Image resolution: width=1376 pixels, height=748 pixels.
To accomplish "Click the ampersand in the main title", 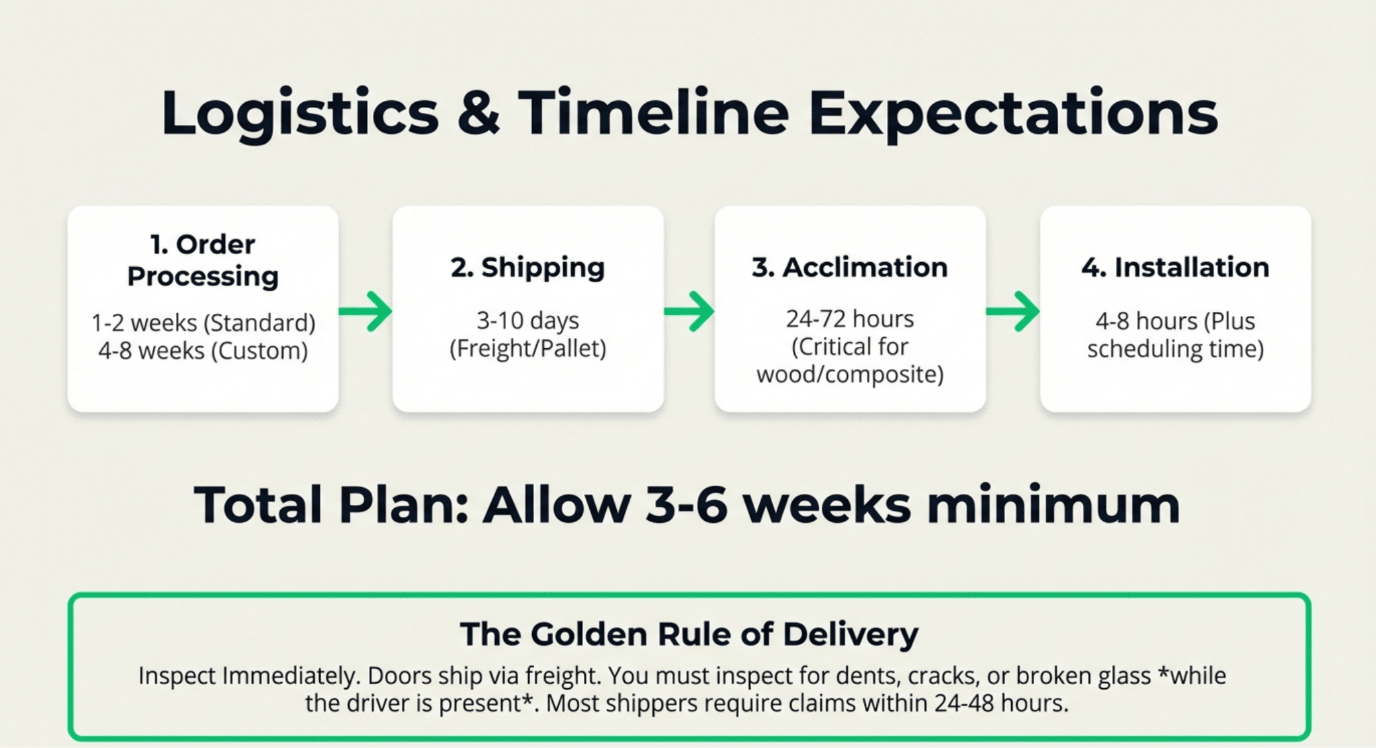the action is click(x=478, y=112).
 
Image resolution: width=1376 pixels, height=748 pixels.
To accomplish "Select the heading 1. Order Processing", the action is click(x=203, y=260).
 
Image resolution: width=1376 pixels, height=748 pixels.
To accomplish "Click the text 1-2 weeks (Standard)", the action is click(x=204, y=323).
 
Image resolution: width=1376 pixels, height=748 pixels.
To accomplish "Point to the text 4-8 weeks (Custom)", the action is click(x=203, y=351).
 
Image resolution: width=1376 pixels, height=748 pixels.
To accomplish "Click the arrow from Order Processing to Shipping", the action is click(x=365, y=311).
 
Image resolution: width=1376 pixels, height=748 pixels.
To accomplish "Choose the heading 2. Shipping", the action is click(x=527, y=267).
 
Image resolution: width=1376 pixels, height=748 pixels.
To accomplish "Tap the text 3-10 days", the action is click(x=527, y=321).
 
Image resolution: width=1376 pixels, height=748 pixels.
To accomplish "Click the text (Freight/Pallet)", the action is click(x=527, y=349).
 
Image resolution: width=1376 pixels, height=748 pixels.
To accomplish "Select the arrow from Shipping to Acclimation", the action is click(x=689, y=311).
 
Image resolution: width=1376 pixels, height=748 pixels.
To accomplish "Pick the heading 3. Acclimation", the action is click(x=850, y=267).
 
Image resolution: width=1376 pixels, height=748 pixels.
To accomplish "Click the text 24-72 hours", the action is click(x=850, y=319).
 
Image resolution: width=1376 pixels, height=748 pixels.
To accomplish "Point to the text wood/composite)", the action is click(x=850, y=374).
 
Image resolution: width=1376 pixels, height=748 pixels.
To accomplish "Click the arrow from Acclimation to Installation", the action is click(x=1013, y=311).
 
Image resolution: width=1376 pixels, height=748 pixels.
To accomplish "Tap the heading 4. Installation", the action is click(x=1175, y=267).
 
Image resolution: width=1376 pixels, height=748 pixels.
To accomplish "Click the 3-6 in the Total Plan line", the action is click(x=686, y=505).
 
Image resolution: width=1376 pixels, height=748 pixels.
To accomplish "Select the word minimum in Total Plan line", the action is click(x=1053, y=505).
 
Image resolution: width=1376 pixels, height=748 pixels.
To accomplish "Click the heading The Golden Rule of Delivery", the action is click(x=689, y=634).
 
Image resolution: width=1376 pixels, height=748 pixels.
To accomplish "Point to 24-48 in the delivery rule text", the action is click(x=964, y=704).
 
